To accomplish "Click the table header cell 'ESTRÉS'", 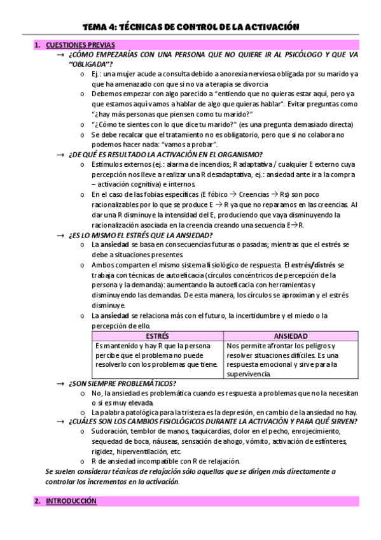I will (x=157, y=336).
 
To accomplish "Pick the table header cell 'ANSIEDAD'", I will (x=291, y=336).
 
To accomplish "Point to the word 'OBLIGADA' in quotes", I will (x=89, y=64).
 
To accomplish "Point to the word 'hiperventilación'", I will (x=146, y=451).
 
